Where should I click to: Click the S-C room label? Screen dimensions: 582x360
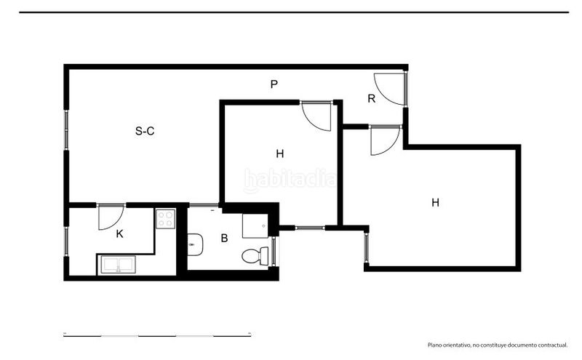145,131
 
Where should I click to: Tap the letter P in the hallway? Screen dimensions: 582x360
274,84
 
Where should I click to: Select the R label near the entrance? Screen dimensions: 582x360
371,98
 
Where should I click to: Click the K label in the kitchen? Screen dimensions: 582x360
119,233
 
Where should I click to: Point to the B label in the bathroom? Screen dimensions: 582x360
224,238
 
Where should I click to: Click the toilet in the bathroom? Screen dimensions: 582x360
255,256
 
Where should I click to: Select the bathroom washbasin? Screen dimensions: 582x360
195,244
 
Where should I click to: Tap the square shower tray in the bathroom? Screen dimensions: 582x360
255,225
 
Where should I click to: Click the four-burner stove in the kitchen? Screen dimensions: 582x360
166,219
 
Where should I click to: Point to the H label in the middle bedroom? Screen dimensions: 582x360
280,153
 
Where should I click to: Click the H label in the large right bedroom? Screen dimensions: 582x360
435,202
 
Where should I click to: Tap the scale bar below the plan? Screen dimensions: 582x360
157,335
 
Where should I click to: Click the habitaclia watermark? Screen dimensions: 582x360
290,180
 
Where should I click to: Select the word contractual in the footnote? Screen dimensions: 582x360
553,345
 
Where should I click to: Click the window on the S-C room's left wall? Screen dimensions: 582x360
66,130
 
